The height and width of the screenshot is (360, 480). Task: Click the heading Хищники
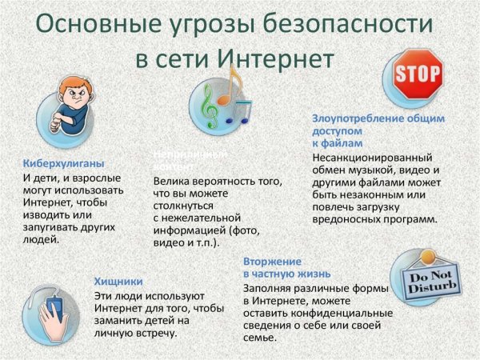tap(118, 281)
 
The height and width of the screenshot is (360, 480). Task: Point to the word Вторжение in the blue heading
tap(272, 262)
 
